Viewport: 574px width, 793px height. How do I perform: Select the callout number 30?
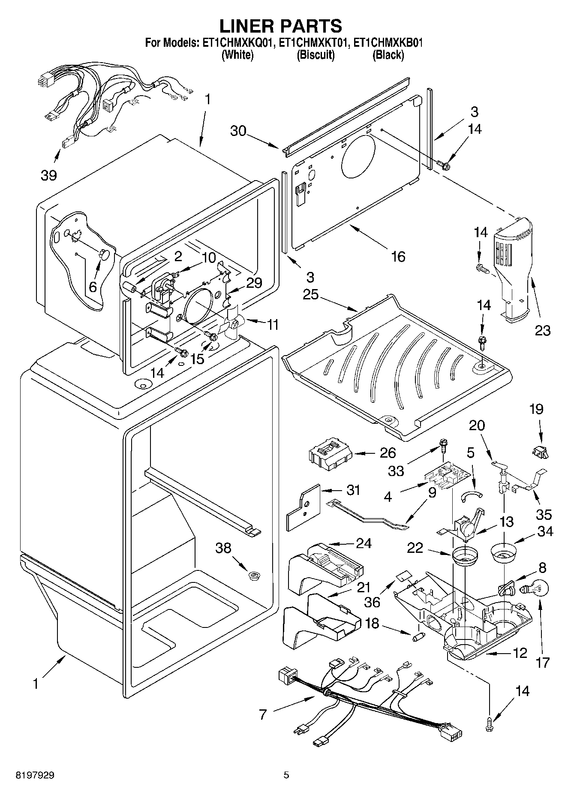239,130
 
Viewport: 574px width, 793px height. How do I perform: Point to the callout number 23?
543,330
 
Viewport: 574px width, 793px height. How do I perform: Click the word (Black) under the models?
388,55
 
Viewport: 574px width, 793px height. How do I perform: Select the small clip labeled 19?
541,451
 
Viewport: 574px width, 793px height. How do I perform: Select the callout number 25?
310,295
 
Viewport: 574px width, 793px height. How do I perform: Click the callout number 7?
263,715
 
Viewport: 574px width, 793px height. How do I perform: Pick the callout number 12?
520,653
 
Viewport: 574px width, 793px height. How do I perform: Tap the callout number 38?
223,548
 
